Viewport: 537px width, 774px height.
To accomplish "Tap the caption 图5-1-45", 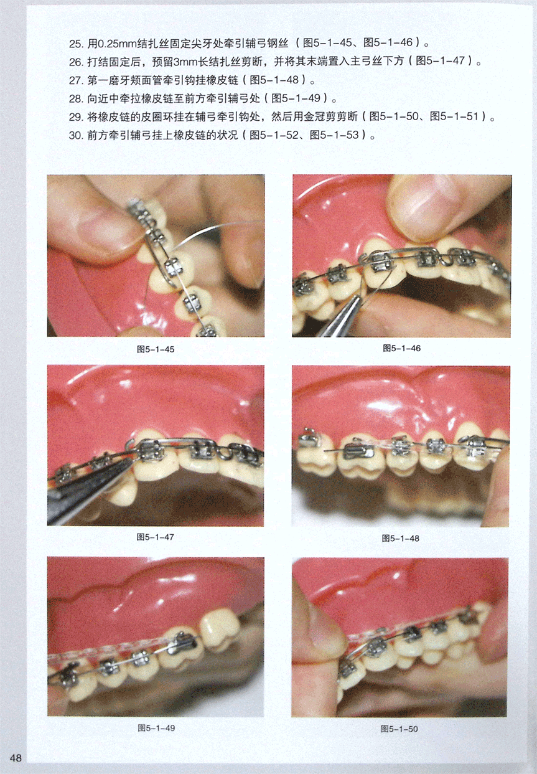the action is [156, 349].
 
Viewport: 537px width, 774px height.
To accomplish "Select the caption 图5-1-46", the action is [401, 348].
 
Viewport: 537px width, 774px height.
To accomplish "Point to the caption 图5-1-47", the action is [155, 537].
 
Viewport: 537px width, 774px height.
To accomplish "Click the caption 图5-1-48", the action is [401, 539].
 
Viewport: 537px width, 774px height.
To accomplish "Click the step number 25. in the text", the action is [76, 44].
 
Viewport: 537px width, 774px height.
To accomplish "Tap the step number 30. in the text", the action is [76, 136].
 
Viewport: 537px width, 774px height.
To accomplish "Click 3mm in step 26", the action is [185, 62].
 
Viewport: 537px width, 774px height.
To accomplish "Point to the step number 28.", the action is [76, 99].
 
